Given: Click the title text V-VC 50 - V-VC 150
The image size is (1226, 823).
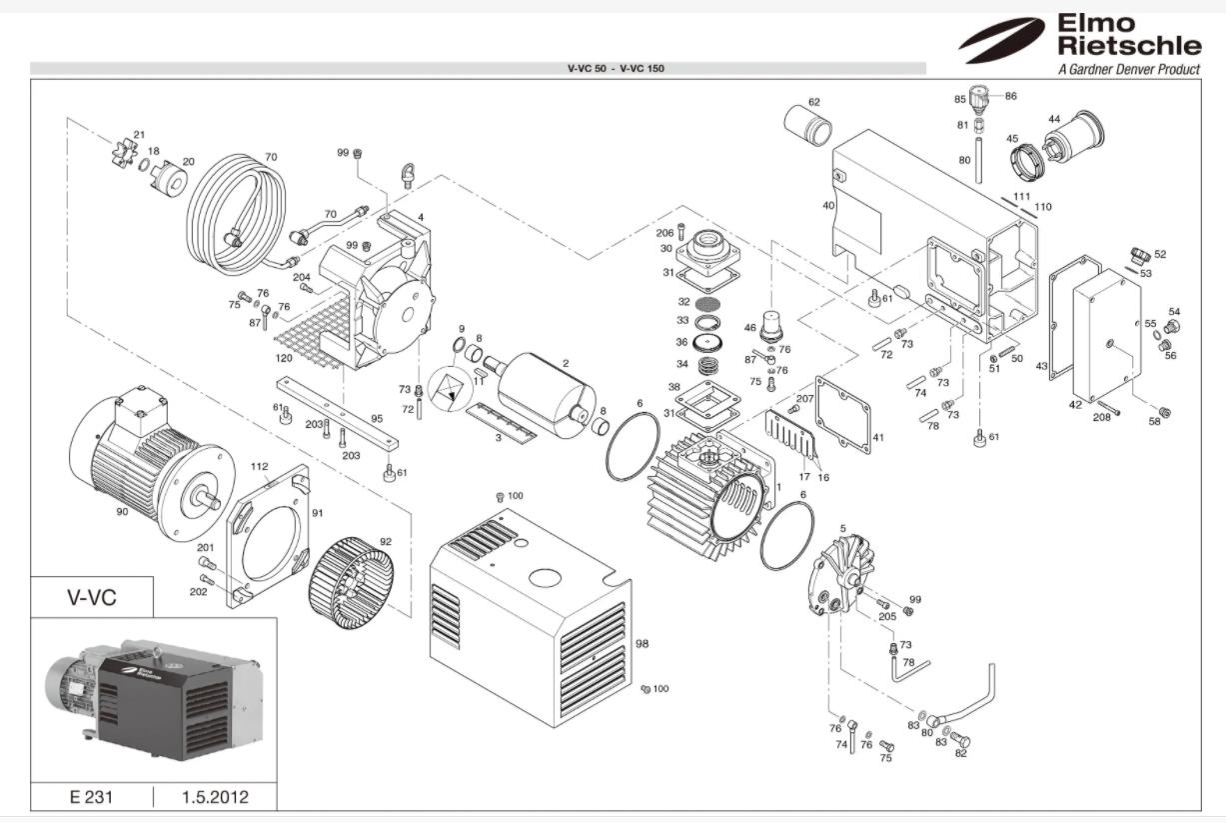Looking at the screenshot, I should click(x=615, y=69).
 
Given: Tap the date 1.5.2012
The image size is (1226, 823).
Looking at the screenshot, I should click(x=215, y=797).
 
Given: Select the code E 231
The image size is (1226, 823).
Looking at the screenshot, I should click(x=91, y=797).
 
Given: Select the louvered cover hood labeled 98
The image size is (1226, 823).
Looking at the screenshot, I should click(x=530, y=620).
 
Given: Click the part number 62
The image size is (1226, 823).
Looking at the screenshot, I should click(x=813, y=102).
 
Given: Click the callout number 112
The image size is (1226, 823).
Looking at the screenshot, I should click(x=260, y=467).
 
